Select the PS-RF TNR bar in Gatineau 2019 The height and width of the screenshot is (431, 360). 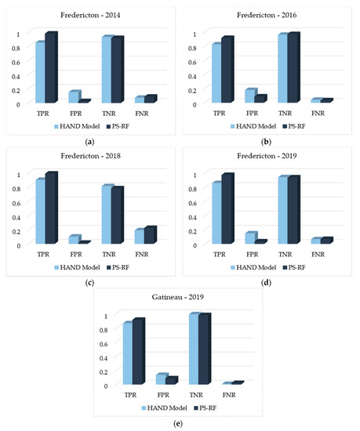(205, 350)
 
